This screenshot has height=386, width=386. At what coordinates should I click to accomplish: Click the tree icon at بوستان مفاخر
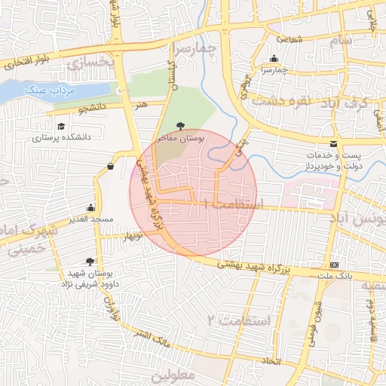coord(179,126)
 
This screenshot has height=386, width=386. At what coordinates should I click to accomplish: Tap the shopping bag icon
coord(111,166)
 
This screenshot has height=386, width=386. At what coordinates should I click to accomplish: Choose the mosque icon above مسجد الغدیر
coord(91,207)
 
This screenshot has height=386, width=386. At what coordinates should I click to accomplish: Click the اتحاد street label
coord(270,361)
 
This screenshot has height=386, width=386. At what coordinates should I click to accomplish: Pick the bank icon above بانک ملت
coord(334,265)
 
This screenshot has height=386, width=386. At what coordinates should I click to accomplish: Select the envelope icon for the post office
coord(334,144)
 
